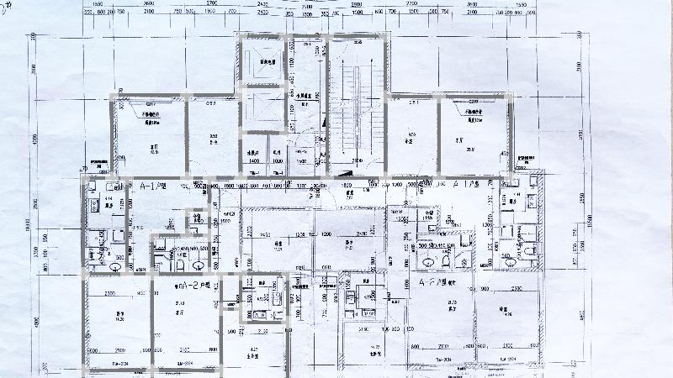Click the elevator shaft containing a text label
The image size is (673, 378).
click(268, 61)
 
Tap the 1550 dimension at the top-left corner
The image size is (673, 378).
click(98, 5)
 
